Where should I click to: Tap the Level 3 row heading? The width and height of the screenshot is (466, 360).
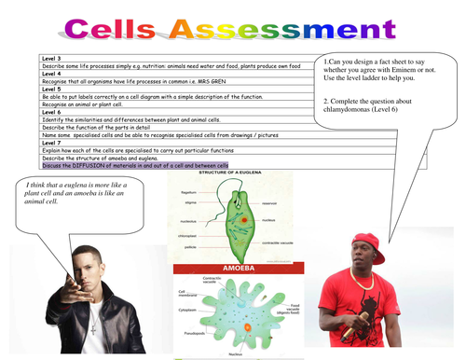coord(52,58)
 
